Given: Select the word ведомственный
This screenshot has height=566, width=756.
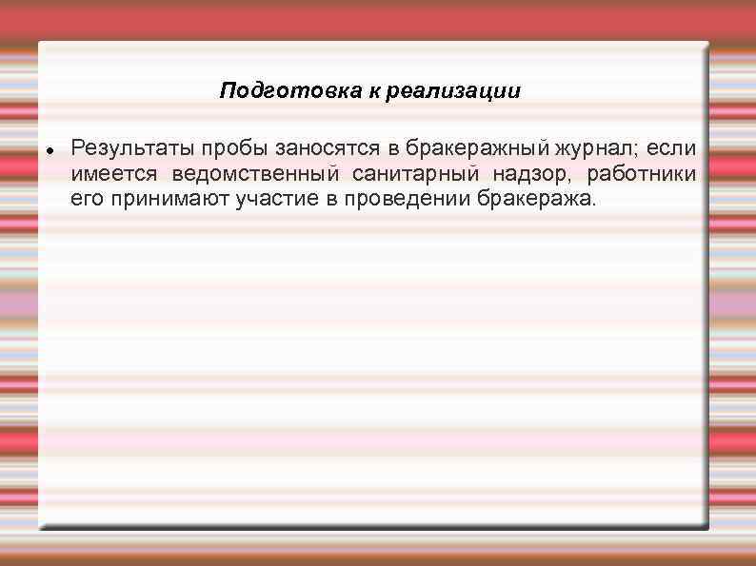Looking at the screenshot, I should [255, 174].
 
